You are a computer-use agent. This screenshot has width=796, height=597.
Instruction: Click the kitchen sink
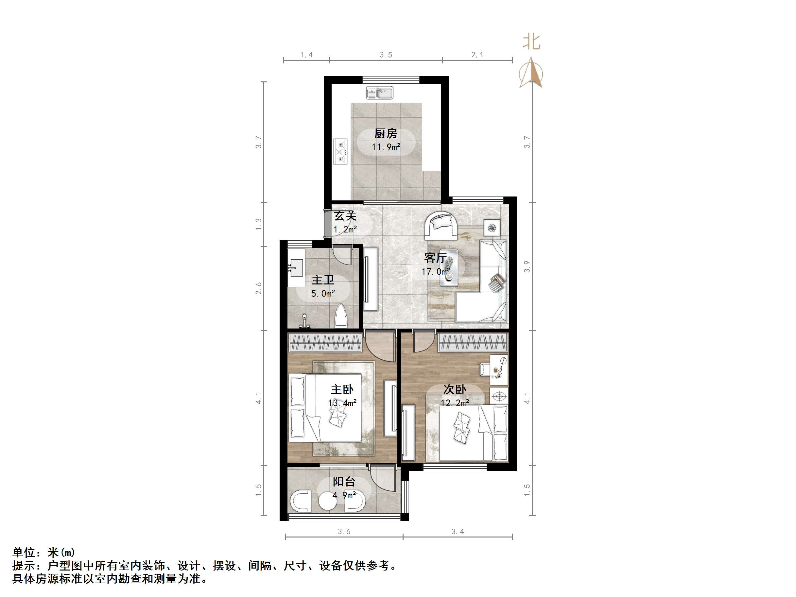380,93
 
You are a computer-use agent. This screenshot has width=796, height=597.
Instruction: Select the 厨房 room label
386,133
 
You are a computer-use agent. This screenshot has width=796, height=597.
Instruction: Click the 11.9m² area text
386,147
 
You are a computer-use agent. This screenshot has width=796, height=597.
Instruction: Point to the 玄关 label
345,216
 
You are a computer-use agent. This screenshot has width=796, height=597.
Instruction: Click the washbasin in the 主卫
297,268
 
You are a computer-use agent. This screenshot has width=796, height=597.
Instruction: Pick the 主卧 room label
342,389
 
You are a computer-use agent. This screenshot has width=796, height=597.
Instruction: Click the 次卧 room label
455,389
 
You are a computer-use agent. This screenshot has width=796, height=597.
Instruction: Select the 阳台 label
344,482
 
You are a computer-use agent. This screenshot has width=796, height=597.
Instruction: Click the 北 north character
531,42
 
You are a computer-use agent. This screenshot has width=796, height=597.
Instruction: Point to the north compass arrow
531,74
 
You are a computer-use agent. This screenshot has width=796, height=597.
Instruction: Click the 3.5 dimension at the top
386,55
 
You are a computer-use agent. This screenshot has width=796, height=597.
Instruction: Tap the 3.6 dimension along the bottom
344,532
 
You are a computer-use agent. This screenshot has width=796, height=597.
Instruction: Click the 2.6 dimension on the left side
259,288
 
